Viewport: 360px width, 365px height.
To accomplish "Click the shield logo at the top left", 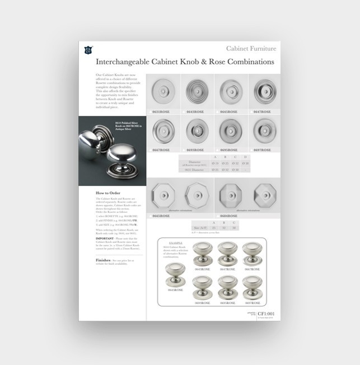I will tap(88, 50).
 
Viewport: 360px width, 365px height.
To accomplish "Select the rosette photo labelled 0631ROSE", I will tap(162, 91).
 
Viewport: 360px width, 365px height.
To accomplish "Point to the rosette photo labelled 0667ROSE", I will tap(162, 131).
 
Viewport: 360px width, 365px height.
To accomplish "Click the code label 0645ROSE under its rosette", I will tap(229, 112).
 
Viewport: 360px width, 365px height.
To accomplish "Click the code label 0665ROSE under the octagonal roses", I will tap(162, 216).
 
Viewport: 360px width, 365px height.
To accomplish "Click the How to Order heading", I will tap(108, 193).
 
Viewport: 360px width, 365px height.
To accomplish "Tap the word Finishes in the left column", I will tap(103, 260).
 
